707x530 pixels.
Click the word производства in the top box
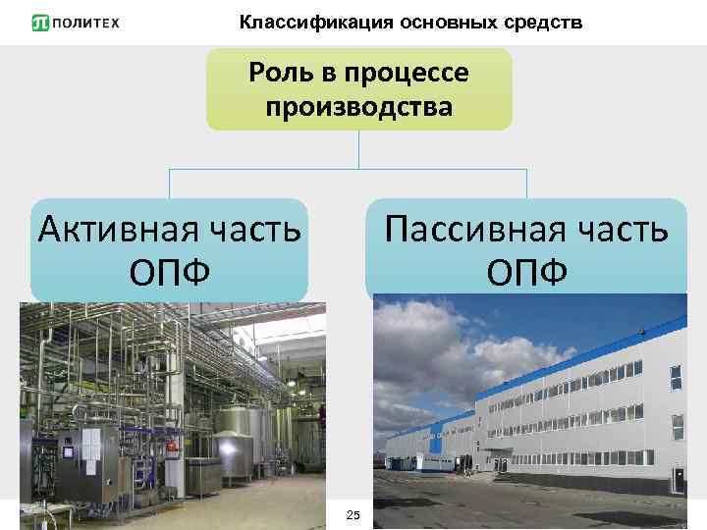[359, 105]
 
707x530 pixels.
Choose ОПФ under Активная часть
[169, 271]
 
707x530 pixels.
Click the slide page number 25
[354, 516]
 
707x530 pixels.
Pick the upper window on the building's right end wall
[676, 376]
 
